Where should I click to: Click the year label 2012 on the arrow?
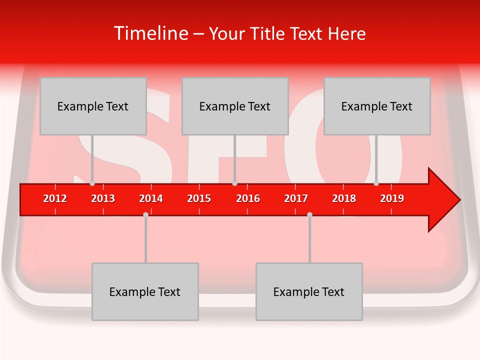55,198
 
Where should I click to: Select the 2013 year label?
103,198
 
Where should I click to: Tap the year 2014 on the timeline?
151,198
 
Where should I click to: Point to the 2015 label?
199,198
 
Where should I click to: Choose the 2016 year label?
248,198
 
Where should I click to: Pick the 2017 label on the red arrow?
296,198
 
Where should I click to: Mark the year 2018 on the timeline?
344,198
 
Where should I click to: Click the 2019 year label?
392,198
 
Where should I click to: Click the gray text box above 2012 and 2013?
93,106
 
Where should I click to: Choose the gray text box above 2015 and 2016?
235,106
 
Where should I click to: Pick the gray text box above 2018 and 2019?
377,106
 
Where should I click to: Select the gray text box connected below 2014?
145,291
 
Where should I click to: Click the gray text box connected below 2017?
309,291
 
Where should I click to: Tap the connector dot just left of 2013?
92,183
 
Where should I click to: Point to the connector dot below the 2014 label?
145,214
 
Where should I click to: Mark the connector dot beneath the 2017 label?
309,214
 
